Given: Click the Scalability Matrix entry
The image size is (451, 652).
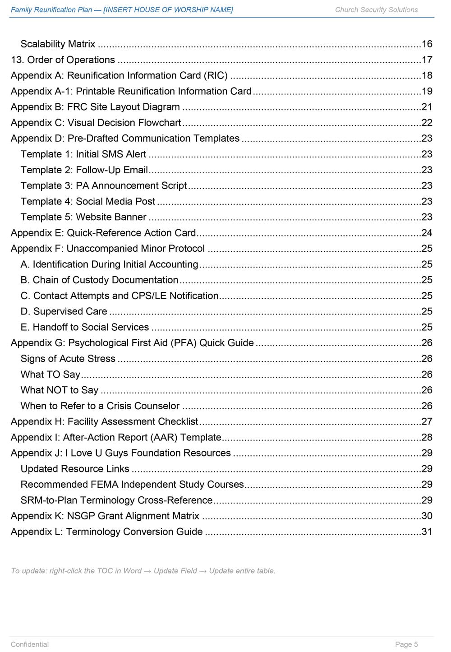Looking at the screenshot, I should [x=58, y=44].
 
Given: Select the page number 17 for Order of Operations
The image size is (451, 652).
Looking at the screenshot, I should [x=427, y=60].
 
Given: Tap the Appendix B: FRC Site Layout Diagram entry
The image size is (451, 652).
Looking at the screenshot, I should [x=95, y=107].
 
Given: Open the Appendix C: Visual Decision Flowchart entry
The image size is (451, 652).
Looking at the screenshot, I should [x=96, y=123].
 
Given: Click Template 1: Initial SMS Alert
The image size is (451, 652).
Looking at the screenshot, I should [x=83, y=154].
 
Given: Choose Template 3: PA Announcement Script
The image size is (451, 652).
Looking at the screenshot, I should [x=104, y=186].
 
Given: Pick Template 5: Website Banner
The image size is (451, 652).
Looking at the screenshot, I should [x=83, y=217].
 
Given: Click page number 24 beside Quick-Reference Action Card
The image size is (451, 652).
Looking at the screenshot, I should [x=427, y=233].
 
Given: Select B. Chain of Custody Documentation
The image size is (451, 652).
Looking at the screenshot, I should [x=99, y=280].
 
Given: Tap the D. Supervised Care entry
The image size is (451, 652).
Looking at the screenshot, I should [x=64, y=312].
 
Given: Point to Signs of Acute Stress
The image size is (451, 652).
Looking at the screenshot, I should [x=68, y=359].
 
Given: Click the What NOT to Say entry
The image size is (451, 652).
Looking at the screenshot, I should [x=60, y=390].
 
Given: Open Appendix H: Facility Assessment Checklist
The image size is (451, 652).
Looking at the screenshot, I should [x=104, y=422].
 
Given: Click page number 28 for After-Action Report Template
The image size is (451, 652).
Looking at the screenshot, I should [x=427, y=437].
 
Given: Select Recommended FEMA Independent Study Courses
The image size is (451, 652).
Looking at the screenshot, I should [x=132, y=485].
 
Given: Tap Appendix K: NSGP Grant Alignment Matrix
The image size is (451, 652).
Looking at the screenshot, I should [x=105, y=516].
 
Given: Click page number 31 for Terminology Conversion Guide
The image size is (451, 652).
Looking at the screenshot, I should [x=427, y=532].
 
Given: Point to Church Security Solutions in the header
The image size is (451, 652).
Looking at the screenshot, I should [x=376, y=10].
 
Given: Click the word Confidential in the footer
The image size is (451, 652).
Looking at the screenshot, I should [x=30, y=644].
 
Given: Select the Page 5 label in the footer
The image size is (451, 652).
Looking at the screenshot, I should [x=406, y=644].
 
